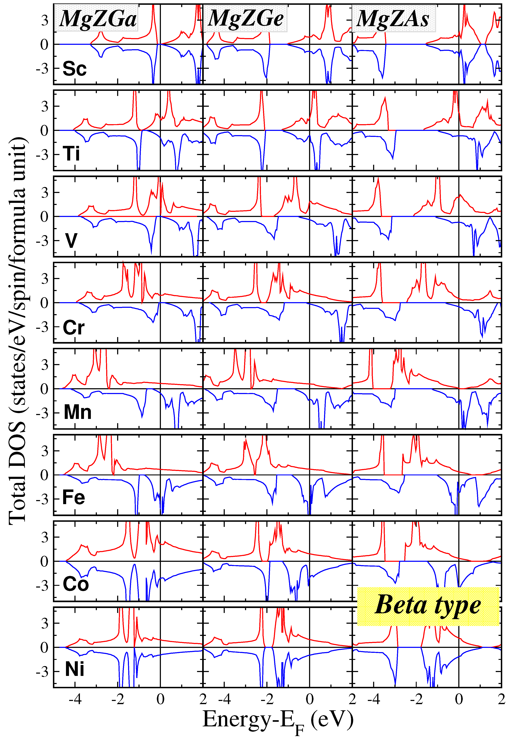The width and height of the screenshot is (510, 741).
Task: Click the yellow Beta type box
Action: click(x=428, y=606)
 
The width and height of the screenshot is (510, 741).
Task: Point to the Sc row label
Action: click(x=74, y=68)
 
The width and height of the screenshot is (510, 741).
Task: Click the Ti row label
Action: click(x=71, y=154)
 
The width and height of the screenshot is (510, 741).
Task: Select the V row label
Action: click(x=71, y=240)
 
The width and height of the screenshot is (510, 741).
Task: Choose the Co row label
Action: click(x=75, y=584)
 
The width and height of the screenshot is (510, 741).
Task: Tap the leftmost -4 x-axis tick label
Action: click(x=75, y=699)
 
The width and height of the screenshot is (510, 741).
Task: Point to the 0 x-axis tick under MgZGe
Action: click(x=309, y=699)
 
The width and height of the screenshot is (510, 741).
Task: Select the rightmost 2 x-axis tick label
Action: click(x=501, y=699)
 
